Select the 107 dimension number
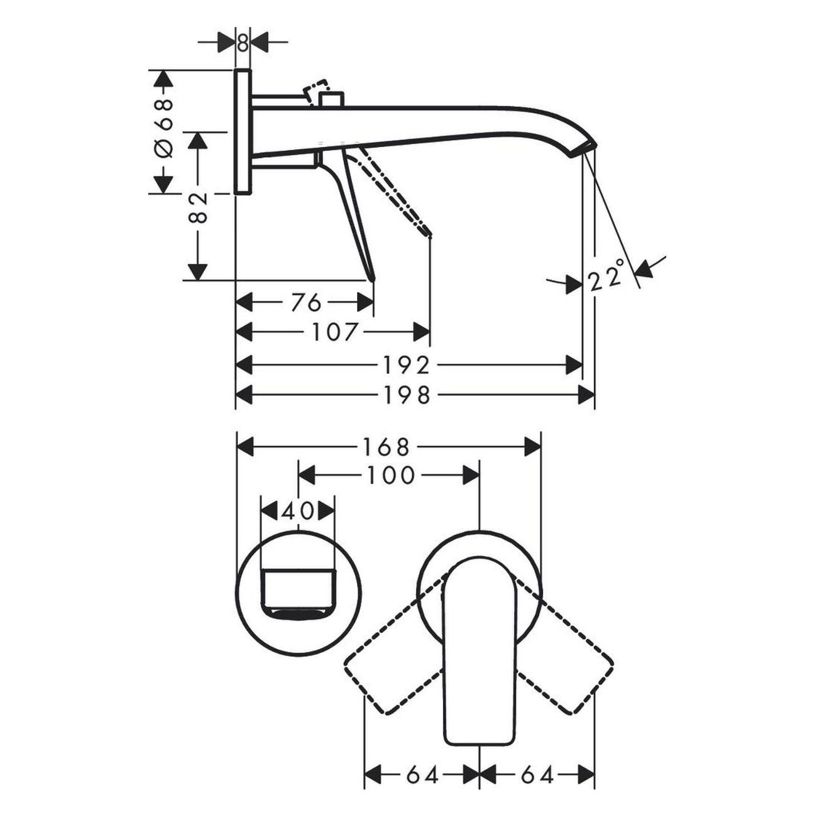334,332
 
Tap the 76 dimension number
306,302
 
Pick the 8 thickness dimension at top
243,43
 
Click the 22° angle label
606,275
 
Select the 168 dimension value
385,447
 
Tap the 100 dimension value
391,476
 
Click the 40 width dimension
297,511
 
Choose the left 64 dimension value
422,775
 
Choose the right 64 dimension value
537,775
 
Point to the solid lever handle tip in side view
372,277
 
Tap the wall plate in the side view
243,132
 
